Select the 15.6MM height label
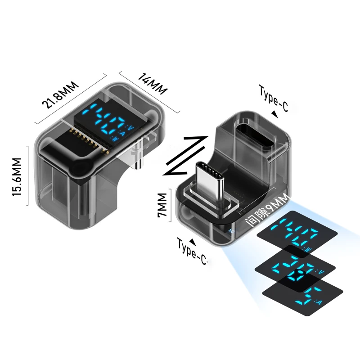coord(17,176)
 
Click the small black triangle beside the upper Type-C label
coord(274,115)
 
